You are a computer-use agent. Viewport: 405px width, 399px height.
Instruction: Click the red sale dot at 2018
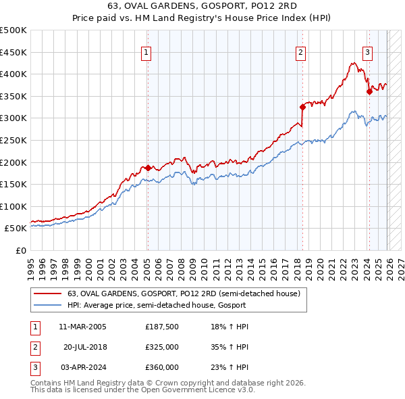pos(302,107)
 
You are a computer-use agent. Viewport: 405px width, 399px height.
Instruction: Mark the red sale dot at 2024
pos(369,91)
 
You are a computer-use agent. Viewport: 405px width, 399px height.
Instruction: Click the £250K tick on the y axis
pos(13,140)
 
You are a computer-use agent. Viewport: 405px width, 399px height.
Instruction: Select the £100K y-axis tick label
pos(13,206)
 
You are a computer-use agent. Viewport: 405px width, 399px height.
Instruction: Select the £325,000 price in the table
pos(162,347)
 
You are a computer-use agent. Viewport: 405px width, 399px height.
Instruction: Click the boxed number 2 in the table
pos(34,347)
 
